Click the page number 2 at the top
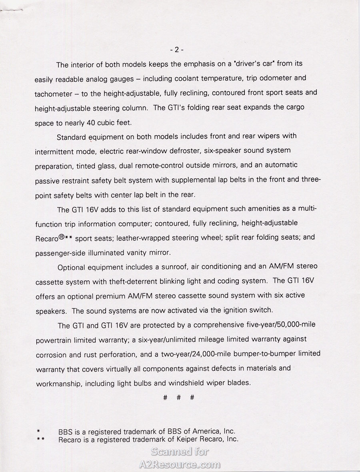pos(176,50)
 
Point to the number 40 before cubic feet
pos(91,123)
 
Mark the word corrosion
pos(52,355)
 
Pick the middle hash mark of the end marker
pos(178,398)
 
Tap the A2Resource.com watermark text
pos(180,464)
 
